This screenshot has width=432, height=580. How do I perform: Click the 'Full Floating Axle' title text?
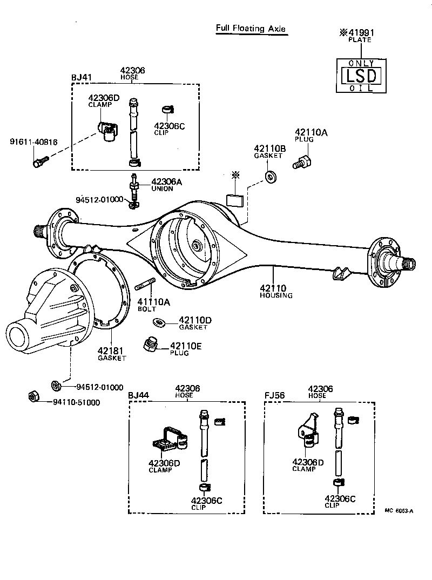coord(251,29)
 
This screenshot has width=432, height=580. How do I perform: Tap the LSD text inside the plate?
coord(361,76)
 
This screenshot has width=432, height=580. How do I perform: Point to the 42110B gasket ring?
coord(268,176)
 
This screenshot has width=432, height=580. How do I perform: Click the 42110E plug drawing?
coord(151,344)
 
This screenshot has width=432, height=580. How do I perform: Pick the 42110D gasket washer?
coord(160,322)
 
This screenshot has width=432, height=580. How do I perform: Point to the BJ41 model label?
coord(82,77)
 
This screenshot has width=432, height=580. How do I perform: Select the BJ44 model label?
coord(138,395)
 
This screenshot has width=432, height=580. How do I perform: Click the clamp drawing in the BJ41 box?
coord(108,131)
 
